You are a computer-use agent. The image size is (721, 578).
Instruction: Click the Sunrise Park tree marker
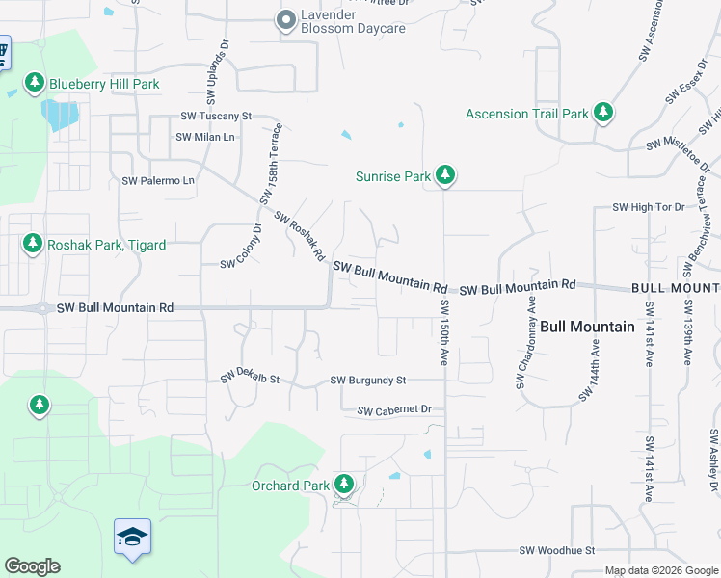click(x=444, y=174)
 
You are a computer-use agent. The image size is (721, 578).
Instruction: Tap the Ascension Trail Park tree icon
click(x=603, y=113)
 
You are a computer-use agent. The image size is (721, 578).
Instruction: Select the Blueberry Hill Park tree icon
click(x=35, y=83)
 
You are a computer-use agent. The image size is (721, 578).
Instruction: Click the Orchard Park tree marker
click(x=343, y=485)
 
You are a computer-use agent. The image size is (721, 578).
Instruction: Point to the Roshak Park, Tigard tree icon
click(x=34, y=243)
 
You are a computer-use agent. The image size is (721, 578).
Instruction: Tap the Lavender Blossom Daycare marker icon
click(x=286, y=20)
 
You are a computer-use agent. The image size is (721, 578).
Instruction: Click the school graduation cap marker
click(x=132, y=536)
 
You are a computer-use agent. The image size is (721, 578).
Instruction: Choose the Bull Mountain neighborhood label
click(x=587, y=327)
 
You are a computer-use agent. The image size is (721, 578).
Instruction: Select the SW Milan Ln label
click(x=205, y=137)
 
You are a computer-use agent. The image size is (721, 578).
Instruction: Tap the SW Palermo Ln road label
click(x=158, y=180)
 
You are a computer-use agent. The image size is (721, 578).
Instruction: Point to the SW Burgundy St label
click(x=368, y=381)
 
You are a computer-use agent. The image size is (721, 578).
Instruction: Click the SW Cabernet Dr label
click(x=393, y=410)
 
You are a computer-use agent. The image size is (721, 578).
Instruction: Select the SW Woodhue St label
click(x=557, y=550)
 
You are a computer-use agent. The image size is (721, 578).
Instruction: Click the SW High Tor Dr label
click(x=648, y=207)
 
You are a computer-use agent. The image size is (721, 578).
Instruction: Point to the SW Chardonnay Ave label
click(x=525, y=342)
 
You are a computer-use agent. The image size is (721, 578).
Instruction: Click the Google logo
click(x=32, y=566)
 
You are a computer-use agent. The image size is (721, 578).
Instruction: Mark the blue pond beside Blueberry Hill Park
click(x=60, y=116)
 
